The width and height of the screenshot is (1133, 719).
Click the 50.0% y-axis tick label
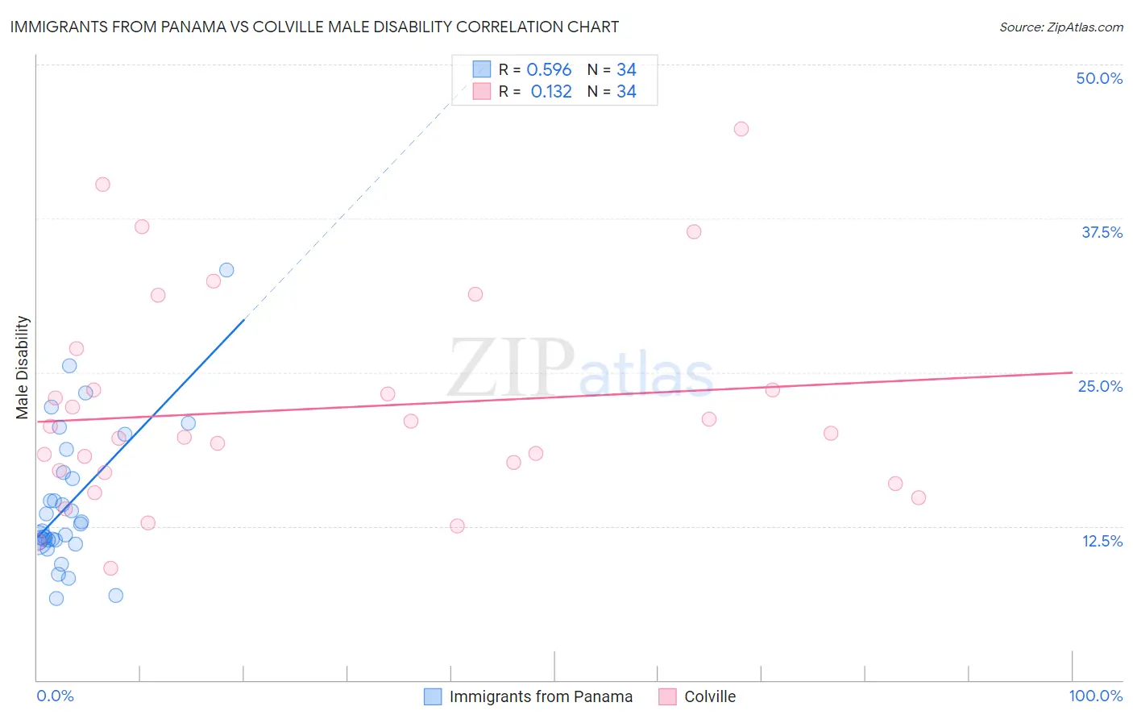[x=1099, y=78]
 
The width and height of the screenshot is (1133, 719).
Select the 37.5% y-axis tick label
[x=1102, y=232]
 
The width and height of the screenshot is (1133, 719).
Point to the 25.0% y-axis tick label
[x=1100, y=386]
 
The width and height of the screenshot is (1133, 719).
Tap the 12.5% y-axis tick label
[x=1102, y=541]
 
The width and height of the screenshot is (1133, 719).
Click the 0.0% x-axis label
[x=55, y=696]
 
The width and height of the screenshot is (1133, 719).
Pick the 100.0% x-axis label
[x=1095, y=696]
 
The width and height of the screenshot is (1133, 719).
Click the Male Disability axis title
[x=23, y=367]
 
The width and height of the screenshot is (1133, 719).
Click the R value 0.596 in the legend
[x=549, y=70]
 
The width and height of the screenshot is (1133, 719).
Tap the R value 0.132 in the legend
[x=551, y=92]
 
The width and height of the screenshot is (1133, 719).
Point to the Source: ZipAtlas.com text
[x=1060, y=27]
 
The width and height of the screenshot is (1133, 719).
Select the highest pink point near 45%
[x=741, y=129]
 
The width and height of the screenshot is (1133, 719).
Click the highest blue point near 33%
[x=226, y=270]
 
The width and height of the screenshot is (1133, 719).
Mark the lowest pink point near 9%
[x=111, y=568]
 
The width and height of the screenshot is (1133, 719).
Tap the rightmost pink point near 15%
[x=919, y=497]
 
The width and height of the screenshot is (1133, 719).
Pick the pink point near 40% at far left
[x=102, y=185]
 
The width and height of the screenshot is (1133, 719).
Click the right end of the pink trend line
[x=1072, y=372]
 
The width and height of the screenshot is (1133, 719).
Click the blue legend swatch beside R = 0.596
[x=482, y=69]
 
